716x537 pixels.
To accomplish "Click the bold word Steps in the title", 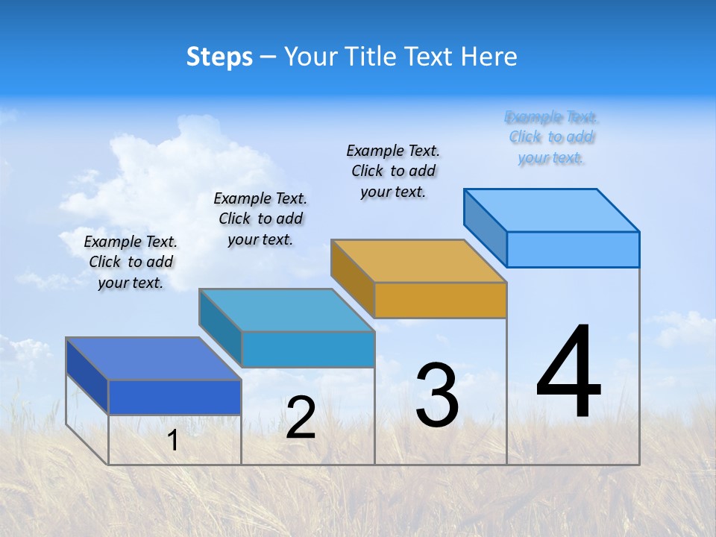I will click(x=219, y=57).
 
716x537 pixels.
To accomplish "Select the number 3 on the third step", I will click(x=437, y=395).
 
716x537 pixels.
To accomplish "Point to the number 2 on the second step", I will click(x=301, y=418).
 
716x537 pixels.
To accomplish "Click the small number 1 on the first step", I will click(x=172, y=440).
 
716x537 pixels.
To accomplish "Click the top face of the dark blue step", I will click(x=153, y=359).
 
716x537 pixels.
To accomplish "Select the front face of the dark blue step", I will click(x=175, y=397).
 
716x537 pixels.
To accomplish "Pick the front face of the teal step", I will click(x=308, y=349).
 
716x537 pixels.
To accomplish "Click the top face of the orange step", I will click(x=418, y=261).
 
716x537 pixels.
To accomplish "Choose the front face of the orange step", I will click(x=440, y=300).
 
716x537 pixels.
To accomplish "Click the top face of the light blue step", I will click(x=551, y=210).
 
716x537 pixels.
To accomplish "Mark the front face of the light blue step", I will click(x=573, y=249).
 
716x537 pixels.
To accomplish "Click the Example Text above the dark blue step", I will click(x=131, y=262).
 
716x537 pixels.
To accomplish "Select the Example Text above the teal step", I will click(x=260, y=219).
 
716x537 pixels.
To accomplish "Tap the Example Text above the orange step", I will click(x=393, y=171).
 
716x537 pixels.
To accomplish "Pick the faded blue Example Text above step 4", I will click(x=552, y=137).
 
